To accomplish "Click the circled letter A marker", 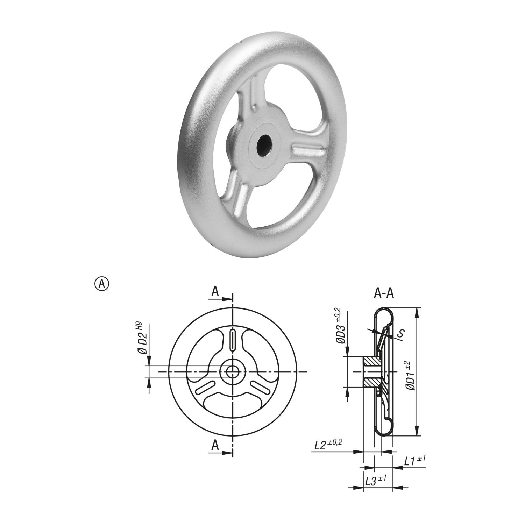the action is tap(101, 283).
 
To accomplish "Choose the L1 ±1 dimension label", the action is tap(415, 460).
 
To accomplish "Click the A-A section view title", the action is tap(384, 293).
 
